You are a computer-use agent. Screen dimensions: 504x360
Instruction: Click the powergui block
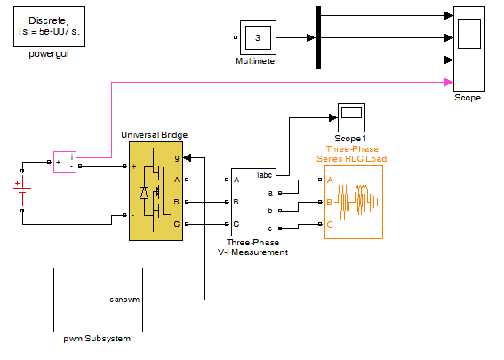point(49,27)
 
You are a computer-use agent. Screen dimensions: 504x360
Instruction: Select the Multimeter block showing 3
point(258,38)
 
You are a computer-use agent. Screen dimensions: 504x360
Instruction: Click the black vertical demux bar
point(318,37)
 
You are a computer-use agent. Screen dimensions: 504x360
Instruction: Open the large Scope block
point(469,49)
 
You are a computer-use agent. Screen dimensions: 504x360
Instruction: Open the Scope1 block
point(351,117)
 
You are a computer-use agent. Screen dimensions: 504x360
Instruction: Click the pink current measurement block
point(65,163)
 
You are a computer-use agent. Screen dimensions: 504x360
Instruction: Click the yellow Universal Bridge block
point(156,191)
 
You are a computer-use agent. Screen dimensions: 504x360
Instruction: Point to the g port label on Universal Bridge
point(177,158)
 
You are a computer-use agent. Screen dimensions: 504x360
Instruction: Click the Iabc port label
point(265,175)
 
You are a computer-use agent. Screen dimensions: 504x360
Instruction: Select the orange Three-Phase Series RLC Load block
point(354,202)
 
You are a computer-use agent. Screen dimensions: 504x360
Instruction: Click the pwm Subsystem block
point(98,300)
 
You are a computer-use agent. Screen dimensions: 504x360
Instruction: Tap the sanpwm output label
point(124,300)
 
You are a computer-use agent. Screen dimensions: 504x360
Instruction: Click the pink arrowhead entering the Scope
point(449,83)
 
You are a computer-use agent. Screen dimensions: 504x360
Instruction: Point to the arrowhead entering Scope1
point(333,117)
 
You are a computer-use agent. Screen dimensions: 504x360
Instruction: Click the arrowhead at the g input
point(188,158)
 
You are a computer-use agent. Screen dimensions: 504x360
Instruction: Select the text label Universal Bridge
point(155,135)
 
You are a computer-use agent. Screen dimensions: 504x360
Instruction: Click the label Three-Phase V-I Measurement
point(252,247)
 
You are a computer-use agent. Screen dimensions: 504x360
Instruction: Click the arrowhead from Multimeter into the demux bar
point(311,38)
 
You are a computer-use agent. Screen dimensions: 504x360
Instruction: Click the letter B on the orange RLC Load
point(329,202)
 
